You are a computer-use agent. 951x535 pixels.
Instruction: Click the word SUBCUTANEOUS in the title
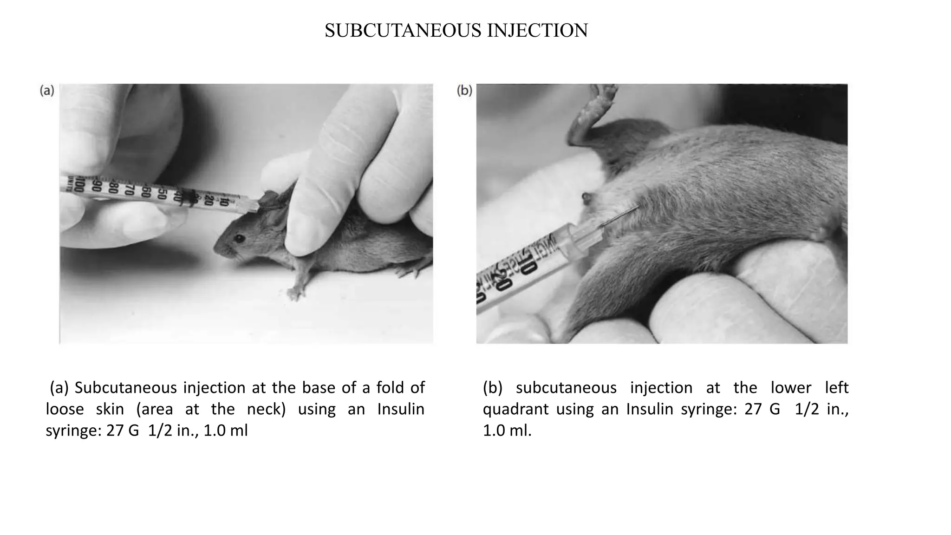(x=403, y=31)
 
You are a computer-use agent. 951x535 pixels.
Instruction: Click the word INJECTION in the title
(x=537, y=31)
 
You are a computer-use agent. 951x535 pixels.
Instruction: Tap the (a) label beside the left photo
(x=47, y=91)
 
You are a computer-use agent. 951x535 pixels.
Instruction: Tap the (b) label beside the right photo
(x=464, y=91)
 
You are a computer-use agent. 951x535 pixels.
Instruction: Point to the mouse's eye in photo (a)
(x=240, y=239)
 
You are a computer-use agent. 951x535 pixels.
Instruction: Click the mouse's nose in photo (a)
(x=216, y=250)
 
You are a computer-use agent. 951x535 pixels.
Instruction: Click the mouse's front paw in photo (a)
(x=294, y=293)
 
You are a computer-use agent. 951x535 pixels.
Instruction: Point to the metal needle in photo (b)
(x=620, y=217)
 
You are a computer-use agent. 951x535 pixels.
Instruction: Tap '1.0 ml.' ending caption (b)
(x=507, y=431)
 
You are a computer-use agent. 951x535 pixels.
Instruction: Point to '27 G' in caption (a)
(x=123, y=431)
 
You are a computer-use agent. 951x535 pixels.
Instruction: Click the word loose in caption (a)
(x=65, y=409)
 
